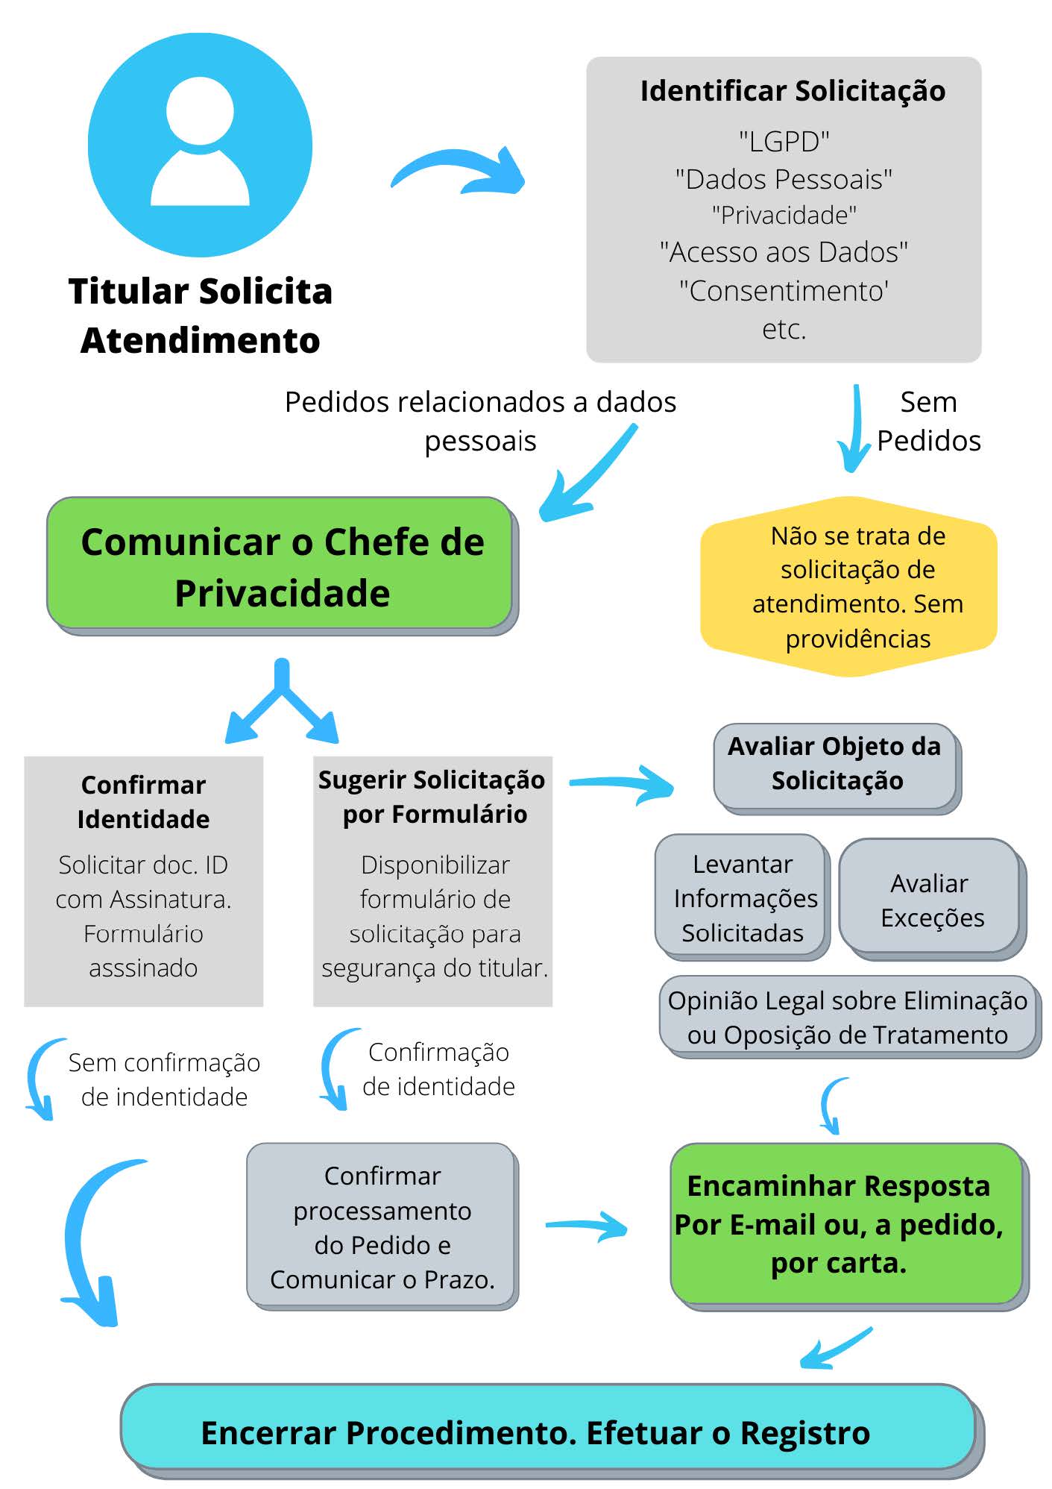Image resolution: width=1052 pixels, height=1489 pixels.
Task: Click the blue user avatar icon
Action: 200,145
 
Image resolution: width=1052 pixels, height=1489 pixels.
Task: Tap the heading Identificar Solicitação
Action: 793,91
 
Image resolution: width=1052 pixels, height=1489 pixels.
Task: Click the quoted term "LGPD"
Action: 784,141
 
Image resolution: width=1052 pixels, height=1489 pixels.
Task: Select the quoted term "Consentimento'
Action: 784,290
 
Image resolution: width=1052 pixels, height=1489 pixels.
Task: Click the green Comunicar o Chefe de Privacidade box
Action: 281,565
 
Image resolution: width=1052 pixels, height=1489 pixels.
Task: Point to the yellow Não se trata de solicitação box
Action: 849,586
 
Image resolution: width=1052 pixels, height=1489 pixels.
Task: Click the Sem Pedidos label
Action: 928,421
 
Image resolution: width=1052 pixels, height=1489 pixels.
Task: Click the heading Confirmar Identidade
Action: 143,802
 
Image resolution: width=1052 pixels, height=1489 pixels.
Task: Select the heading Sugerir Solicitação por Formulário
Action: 432,797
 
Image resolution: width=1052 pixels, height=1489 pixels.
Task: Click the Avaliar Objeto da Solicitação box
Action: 837,768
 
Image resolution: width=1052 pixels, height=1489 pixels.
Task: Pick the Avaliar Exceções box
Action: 933,899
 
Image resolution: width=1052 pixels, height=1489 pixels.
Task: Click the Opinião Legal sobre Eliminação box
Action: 849,1016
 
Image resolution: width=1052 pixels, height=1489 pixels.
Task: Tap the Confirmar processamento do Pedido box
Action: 382,1226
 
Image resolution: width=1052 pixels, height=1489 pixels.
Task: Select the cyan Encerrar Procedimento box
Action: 552,1431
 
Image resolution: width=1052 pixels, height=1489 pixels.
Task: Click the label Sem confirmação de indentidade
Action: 164,1079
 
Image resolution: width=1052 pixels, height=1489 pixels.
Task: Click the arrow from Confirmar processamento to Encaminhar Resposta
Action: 587,1225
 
